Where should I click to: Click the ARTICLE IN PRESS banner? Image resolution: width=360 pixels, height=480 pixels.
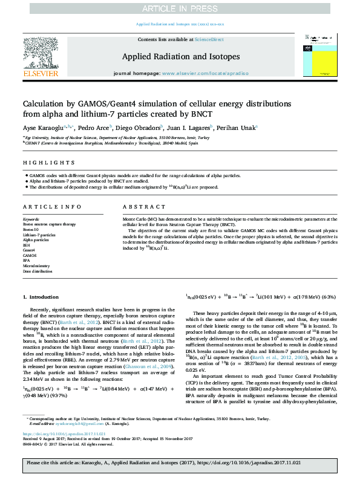pyautogui.click(x=180, y=8)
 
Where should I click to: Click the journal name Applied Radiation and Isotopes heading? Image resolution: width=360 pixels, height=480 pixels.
pyautogui.click(x=180, y=57)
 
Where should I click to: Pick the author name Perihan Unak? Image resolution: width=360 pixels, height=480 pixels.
pyautogui.click(x=238, y=128)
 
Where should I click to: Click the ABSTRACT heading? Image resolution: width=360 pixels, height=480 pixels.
pyautogui.click(x=139, y=206)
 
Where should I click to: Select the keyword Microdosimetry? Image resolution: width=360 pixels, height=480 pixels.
pyautogui.click(x=37, y=265)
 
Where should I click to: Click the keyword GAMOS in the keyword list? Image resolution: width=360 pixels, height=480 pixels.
pyautogui.click(x=30, y=255)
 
